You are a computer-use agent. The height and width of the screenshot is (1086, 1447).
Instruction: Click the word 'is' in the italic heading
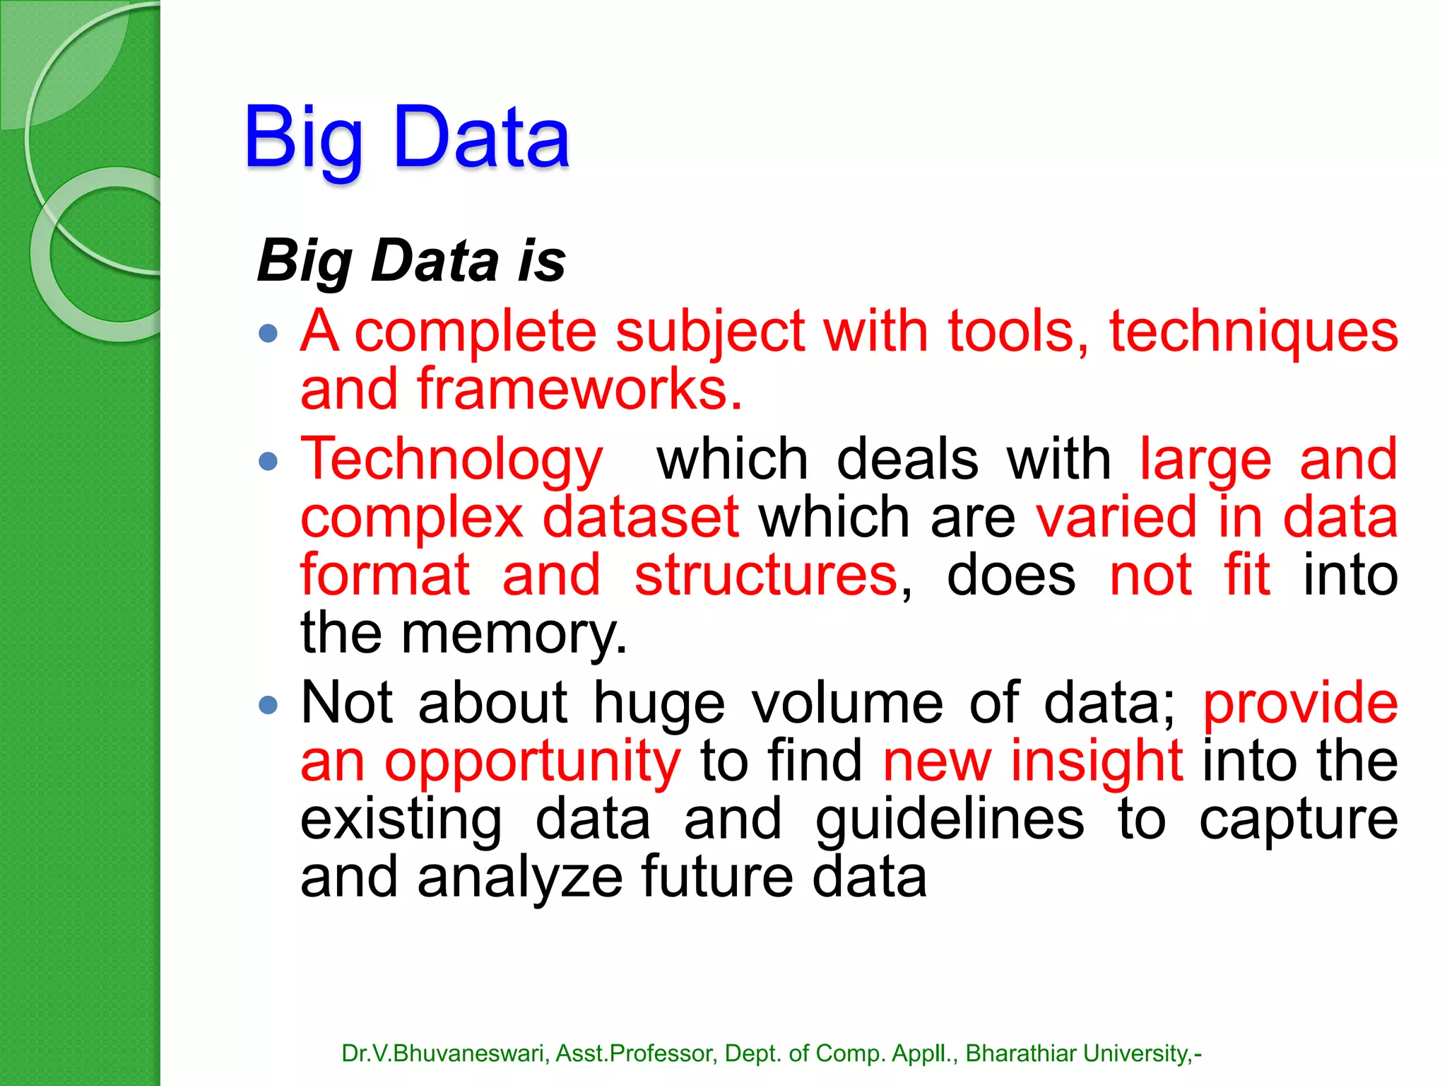[541, 261]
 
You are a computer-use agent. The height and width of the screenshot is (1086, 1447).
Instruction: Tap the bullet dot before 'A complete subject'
[268, 333]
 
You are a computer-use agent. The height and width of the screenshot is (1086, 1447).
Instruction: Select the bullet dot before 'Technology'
[268, 462]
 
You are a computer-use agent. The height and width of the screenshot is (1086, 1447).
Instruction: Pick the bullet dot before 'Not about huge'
[268, 705]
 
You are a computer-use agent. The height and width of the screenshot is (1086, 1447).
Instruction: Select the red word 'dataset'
[641, 518]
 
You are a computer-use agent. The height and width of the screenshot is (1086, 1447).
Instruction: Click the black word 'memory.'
[514, 633]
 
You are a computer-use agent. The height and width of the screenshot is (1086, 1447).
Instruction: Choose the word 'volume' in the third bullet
[847, 703]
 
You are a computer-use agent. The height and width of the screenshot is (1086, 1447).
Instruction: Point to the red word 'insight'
[1097, 761]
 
